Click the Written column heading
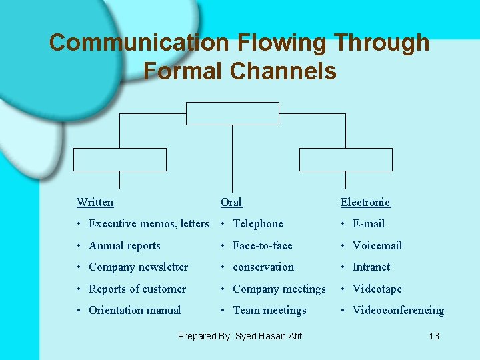(95, 202)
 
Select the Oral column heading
(231, 202)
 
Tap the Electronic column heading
(365, 202)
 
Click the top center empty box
(232, 113)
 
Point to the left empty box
(119, 160)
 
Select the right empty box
(345, 160)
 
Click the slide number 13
(434, 336)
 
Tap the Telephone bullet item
(257, 224)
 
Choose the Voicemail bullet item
(377, 245)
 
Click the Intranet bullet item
(371, 267)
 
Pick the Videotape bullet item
(377, 289)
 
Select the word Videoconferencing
(398, 310)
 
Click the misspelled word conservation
(263, 267)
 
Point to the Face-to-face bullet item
(262, 245)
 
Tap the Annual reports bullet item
(125, 245)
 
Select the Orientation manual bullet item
(135, 310)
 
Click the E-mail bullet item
(369, 224)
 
